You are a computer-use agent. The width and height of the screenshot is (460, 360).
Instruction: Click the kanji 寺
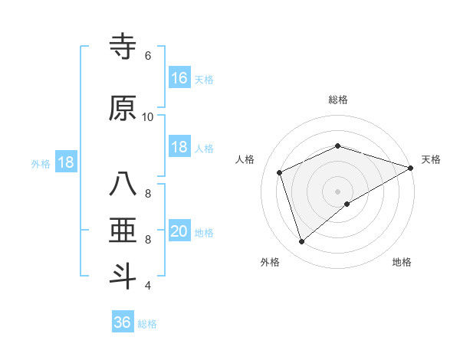pyautogui.click(x=123, y=47)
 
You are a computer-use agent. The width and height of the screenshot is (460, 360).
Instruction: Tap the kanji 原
pyautogui.click(x=123, y=109)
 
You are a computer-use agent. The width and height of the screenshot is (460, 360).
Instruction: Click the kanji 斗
pyautogui.click(x=123, y=277)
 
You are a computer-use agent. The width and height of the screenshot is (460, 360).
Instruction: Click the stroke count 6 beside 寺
pyautogui.click(x=147, y=56)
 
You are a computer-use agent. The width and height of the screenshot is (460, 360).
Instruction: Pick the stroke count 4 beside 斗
pyautogui.click(x=147, y=286)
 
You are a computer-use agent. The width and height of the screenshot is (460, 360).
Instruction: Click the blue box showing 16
pyautogui.click(x=179, y=78)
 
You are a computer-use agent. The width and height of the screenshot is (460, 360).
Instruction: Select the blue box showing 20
pyautogui.click(x=179, y=231)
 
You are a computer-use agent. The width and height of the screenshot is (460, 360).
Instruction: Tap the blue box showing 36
pyautogui.click(x=123, y=322)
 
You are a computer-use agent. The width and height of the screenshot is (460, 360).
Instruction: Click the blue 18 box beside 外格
pyautogui.click(x=65, y=162)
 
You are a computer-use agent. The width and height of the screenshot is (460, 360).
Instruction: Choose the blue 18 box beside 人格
pyautogui.click(x=179, y=147)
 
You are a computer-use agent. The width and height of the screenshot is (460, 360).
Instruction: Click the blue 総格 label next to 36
pyautogui.click(x=147, y=324)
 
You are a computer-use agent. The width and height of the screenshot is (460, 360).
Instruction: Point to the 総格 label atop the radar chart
pyautogui.click(x=338, y=100)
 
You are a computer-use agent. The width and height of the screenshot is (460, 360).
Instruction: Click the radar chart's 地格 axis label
pyautogui.click(x=402, y=262)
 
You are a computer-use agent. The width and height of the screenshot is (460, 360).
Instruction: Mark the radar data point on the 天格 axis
pyautogui.click(x=411, y=168)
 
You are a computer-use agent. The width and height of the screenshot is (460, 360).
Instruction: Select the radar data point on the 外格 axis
pyautogui.click(x=301, y=242)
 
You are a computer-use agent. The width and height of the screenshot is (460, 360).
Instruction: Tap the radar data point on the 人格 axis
pyautogui.click(x=280, y=172)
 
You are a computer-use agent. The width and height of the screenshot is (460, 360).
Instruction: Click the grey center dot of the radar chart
pyautogui.click(x=338, y=191)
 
